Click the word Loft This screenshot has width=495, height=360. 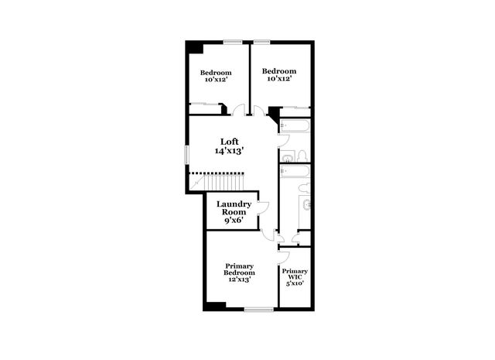[x=228, y=142]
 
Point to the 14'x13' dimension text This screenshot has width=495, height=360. [x=229, y=151]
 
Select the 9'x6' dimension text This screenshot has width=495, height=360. [x=234, y=221]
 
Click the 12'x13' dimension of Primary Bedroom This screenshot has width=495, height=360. [x=239, y=279]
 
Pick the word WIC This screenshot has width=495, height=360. [x=295, y=276]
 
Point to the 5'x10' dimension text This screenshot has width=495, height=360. [x=295, y=283]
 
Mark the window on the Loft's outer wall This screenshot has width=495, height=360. [x=186, y=153]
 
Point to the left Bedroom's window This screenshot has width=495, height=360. [x=232, y=42]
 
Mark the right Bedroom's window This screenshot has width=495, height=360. [x=261, y=42]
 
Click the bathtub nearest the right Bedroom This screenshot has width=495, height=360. [x=295, y=125]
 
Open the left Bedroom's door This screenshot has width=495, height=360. [x=239, y=111]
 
